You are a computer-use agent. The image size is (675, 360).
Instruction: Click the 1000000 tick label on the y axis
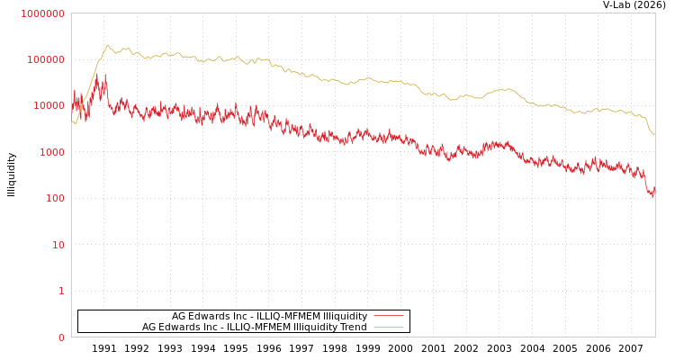click(42, 13)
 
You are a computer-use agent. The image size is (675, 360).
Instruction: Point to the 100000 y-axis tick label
click(45, 59)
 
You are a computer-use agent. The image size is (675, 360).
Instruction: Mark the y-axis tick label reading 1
click(61, 291)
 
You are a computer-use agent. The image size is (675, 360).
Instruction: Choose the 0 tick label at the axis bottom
click(61, 337)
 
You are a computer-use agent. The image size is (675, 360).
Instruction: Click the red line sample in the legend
click(388, 316)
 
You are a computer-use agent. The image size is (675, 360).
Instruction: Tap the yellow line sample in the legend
click(388, 328)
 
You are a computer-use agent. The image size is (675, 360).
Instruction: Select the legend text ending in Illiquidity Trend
click(254, 328)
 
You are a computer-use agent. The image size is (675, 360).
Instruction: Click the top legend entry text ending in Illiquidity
click(269, 316)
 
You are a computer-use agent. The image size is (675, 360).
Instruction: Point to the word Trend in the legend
click(351, 328)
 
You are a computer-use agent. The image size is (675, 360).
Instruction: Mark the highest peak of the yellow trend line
click(108, 45)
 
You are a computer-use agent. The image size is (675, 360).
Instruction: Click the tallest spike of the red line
click(105, 75)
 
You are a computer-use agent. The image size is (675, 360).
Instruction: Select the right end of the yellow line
click(654, 134)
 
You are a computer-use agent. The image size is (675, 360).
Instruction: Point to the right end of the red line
click(654, 191)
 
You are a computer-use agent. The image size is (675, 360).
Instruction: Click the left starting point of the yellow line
click(72, 121)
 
